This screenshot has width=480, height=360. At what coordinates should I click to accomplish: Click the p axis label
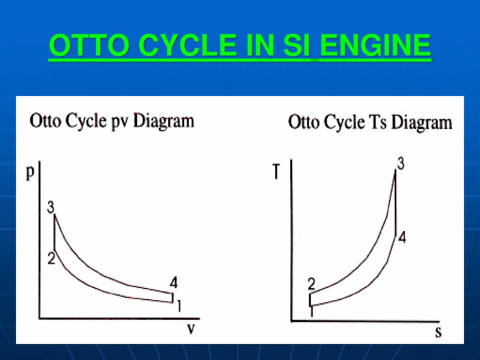[x=31, y=173]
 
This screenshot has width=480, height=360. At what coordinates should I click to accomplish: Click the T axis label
[x=276, y=172]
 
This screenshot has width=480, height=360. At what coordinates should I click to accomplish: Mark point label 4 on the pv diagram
[x=173, y=283]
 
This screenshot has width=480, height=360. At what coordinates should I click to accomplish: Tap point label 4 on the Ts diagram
[x=402, y=238]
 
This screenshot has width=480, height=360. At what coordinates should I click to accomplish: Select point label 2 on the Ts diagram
[x=311, y=284]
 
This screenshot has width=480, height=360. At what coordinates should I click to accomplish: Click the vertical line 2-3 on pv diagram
[x=55, y=232]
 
